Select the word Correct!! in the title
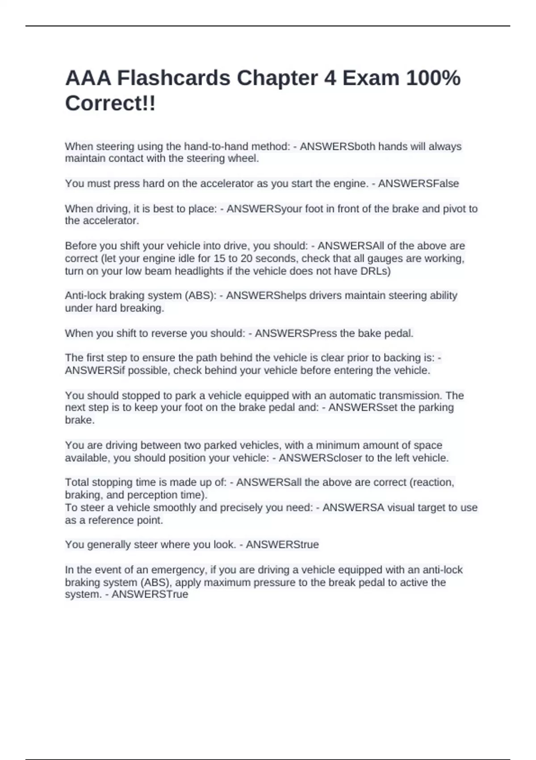point(110,104)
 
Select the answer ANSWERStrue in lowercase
point(282,545)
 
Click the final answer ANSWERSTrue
point(150,595)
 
